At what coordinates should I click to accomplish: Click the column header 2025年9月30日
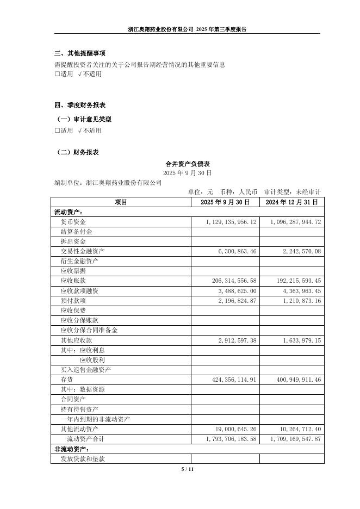pyautogui.click(x=225, y=202)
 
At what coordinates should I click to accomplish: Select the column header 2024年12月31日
pyautogui.click(x=293, y=202)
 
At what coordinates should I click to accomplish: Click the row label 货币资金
pyautogui.click(x=73, y=222)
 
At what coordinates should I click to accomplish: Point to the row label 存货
pyautogui.click(x=66, y=380)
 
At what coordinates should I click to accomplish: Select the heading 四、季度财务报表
pyautogui.click(x=80, y=105)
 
